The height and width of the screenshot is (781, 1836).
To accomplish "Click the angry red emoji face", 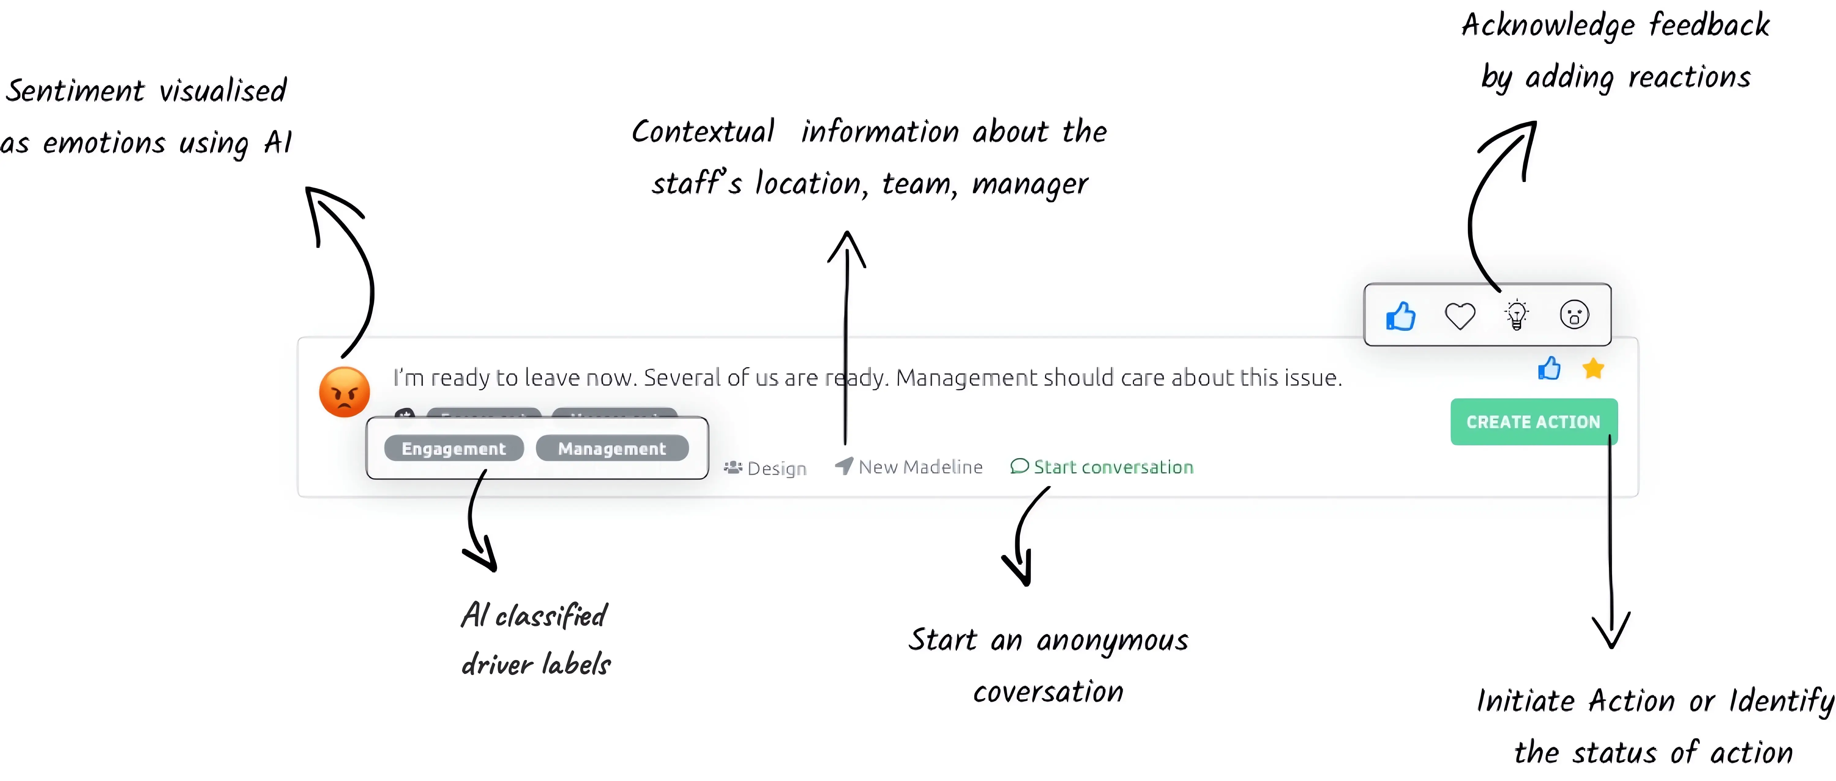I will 344,391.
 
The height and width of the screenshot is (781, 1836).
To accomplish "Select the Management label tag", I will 611,449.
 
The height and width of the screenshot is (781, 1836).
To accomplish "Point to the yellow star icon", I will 1593,369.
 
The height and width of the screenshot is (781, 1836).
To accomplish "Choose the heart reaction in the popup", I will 1459,315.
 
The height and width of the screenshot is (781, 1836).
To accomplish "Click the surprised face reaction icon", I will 1574,315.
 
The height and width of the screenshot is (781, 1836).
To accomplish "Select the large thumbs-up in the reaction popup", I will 1401,316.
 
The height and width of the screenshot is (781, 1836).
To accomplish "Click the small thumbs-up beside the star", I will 1549,369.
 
